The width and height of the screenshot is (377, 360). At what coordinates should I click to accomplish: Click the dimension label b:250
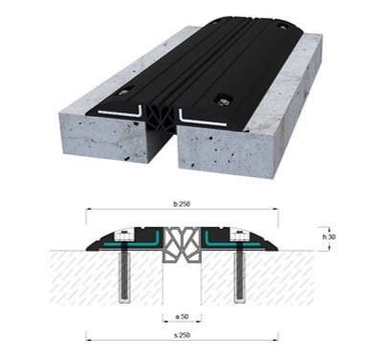[x=182, y=204]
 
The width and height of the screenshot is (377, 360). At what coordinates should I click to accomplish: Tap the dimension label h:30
[x=329, y=237]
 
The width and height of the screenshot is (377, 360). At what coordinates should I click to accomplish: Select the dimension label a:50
[x=182, y=317]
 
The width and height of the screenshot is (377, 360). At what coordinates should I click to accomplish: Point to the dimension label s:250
[x=182, y=335]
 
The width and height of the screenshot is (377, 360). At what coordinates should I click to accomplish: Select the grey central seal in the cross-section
[x=182, y=245]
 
